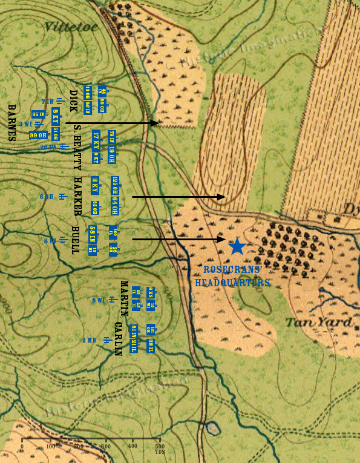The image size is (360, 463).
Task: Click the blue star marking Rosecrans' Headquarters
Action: tap(237, 246)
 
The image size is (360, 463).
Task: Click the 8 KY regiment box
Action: tap(55, 115)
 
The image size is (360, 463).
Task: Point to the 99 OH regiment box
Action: tap(38, 135)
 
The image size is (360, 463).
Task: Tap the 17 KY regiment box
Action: tap(96, 139)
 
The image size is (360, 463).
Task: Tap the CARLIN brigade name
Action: tap(118, 339)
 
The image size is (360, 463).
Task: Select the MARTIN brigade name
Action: tap(124, 298)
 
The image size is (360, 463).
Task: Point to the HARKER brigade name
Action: tap(77, 197)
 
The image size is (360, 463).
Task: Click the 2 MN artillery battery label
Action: tap(89, 340)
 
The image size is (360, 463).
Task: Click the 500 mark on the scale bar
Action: tap(160, 447)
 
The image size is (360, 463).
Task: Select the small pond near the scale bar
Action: tap(212, 429)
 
